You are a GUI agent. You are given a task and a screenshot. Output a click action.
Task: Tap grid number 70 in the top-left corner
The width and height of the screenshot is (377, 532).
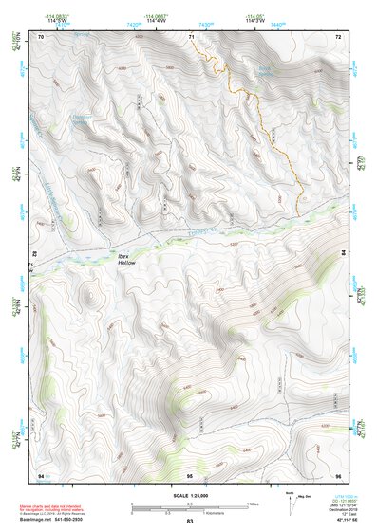41,37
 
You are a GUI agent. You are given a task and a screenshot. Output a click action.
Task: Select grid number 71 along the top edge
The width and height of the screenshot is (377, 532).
190,37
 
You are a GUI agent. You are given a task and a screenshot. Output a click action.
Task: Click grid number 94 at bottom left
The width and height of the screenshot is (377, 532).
41,473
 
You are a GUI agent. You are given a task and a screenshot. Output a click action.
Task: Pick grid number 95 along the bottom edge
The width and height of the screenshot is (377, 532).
190,473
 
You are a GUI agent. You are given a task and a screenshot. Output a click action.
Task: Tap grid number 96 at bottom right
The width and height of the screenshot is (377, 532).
337,473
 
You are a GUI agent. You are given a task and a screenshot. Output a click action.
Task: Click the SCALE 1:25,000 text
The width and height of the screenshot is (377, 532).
189,493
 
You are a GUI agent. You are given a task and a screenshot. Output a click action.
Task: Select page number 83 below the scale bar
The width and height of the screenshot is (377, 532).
189,522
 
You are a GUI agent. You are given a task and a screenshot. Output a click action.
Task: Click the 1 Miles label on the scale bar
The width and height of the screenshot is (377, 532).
254,503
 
